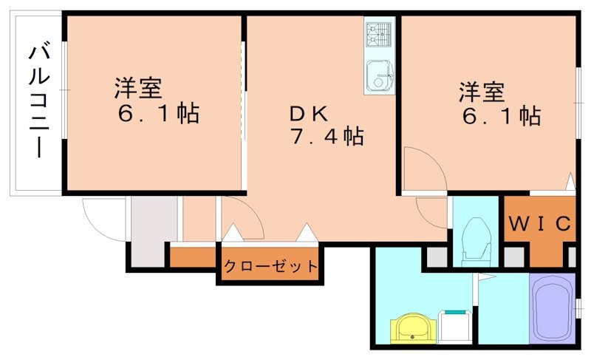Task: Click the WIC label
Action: point(539,223)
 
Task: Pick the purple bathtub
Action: point(552,310)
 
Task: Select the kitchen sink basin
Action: point(380,73)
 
